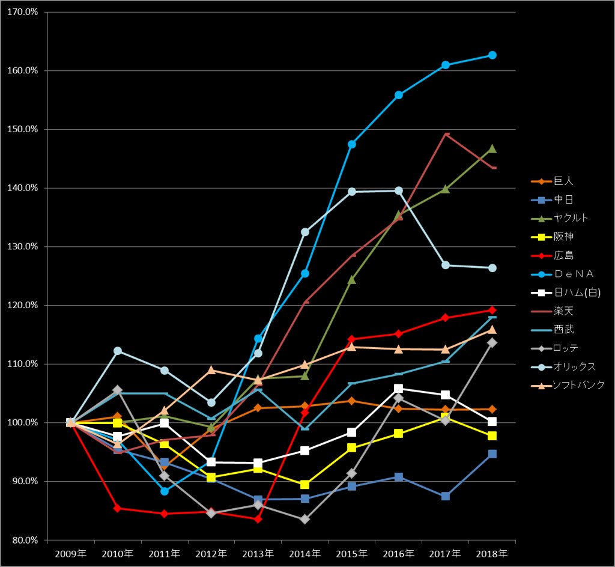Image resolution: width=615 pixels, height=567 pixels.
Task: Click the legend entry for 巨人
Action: (x=559, y=181)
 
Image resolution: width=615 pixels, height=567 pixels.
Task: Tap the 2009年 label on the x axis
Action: (x=70, y=553)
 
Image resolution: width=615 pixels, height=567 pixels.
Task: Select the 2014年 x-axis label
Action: (x=305, y=553)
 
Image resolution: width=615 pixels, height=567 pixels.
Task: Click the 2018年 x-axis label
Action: (x=492, y=553)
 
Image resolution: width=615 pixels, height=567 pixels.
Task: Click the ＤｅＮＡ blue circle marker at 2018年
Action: (x=492, y=55)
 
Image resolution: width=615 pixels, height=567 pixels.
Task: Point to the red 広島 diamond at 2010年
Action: (x=118, y=508)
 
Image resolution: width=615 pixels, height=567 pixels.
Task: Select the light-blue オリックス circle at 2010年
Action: (x=118, y=351)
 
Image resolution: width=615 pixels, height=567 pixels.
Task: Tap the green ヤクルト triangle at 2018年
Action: (x=492, y=149)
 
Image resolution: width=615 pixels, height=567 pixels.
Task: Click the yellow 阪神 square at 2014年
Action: (x=305, y=485)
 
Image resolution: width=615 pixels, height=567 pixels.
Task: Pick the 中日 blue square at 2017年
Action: (x=446, y=496)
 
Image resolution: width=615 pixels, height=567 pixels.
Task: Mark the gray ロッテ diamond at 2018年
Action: (x=492, y=342)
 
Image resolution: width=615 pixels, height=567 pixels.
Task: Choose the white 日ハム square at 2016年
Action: (x=399, y=389)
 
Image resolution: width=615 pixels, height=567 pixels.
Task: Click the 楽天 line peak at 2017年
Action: (x=446, y=134)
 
